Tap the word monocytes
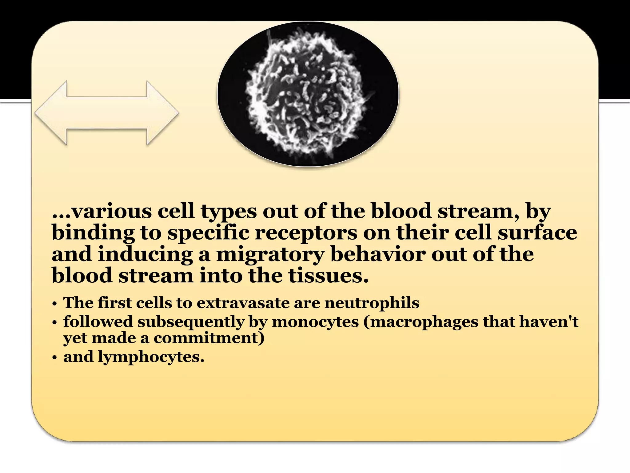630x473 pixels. click(x=315, y=322)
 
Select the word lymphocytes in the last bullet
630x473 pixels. click(x=151, y=357)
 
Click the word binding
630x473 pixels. click(x=93, y=233)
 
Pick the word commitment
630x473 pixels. click(x=209, y=338)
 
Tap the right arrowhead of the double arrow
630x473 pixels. click(x=163, y=113)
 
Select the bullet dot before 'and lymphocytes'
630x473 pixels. click(x=54, y=358)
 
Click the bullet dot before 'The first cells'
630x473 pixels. click(x=54, y=304)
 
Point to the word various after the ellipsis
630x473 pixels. click(x=111, y=212)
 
